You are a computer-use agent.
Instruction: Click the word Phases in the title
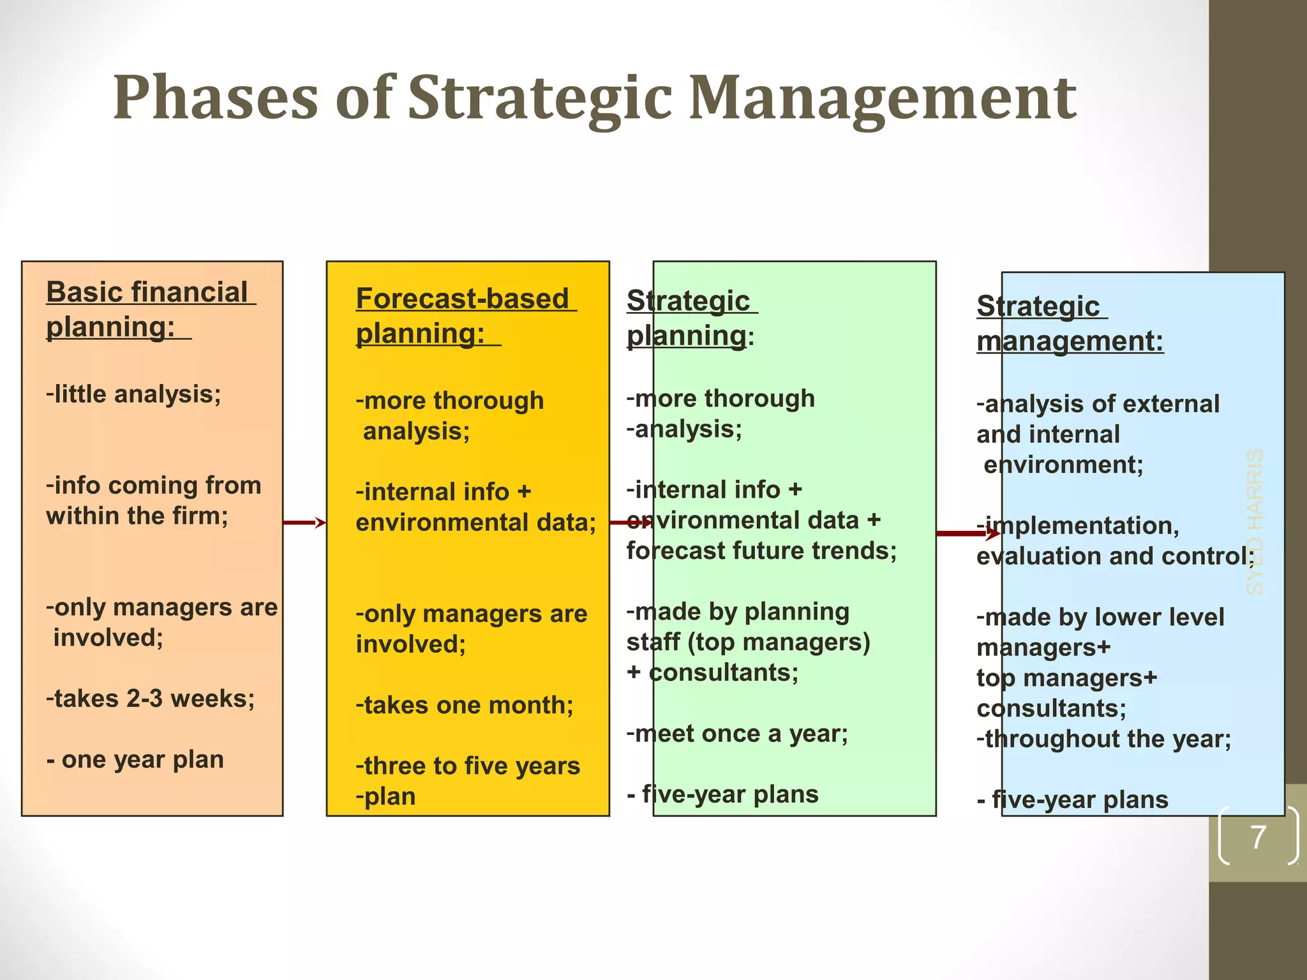tap(215, 97)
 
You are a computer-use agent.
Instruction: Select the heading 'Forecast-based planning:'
tap(463, 316)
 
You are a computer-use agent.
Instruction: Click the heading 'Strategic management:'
tap(1069, 323)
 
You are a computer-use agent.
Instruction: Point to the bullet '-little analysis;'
tap(133, 394)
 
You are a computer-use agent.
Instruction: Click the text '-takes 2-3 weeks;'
tap(150, 699)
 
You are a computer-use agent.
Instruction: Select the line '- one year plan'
tap(135, 759)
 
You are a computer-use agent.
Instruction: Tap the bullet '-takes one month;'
tap(464, 705)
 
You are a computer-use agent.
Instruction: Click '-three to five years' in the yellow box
tap(467, 766)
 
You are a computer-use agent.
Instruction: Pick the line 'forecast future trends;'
tap(761, 550)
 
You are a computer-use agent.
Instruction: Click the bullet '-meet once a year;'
tap(737, 734)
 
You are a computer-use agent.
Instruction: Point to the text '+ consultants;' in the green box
tap(712, 672)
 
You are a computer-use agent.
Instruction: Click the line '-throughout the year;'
tap(1103, 739)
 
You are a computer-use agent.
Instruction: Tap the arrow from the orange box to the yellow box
tap(304, 523)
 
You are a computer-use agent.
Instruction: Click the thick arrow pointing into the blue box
tap(967, 533)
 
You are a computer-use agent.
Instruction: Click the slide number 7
tap(1257, 837)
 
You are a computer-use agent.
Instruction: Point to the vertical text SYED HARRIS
tap(1255, 522)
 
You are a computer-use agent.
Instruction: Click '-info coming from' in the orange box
tap(153, 485)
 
